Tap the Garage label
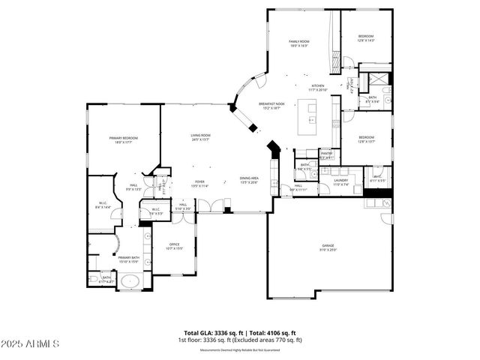[x=328, y=247]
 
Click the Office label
[x=174, y=246]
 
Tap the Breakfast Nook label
[x=271, y=106]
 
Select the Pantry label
[x=327, y=156]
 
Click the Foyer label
[x=200, y=183]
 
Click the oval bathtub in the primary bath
[x=130, y=282]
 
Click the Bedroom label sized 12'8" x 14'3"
[x=365, y=38]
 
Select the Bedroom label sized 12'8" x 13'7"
[x=366, y=139]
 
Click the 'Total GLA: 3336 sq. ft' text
[x=212, y=333]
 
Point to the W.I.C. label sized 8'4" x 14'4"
[x=103, y=205]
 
